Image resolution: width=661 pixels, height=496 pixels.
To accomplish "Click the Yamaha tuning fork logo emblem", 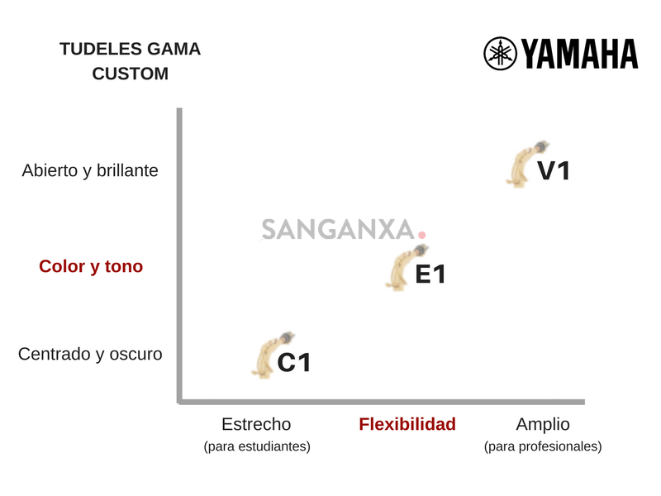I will point(500,54).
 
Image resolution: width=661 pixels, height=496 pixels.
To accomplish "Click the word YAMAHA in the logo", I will point(579,54).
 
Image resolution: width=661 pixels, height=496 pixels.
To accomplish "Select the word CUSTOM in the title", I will point(130,74).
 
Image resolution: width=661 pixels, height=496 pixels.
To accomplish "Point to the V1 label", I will point(554,171).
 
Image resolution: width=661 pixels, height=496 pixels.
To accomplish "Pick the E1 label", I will point(430,274).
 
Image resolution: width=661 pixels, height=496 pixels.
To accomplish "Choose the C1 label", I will point(293,362).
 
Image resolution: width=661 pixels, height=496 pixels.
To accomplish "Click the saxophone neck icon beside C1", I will point(269,355).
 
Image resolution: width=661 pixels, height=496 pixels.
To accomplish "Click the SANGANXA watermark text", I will point(338,230).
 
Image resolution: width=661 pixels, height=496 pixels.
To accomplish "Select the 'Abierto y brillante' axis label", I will point(90,170).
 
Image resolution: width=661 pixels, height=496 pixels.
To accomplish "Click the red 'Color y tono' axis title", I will point(91,266).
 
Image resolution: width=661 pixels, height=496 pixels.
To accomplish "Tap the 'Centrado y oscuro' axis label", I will point(90,354).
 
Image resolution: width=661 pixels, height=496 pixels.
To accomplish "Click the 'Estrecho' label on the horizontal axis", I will point(256,424).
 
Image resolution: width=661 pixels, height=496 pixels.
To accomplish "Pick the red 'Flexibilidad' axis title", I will point(407,424).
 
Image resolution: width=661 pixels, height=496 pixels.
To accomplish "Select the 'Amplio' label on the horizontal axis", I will point(543,424).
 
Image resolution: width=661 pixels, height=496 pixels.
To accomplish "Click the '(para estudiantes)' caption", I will point(256,446).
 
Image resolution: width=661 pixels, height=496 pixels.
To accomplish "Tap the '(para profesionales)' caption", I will point(543,446).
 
